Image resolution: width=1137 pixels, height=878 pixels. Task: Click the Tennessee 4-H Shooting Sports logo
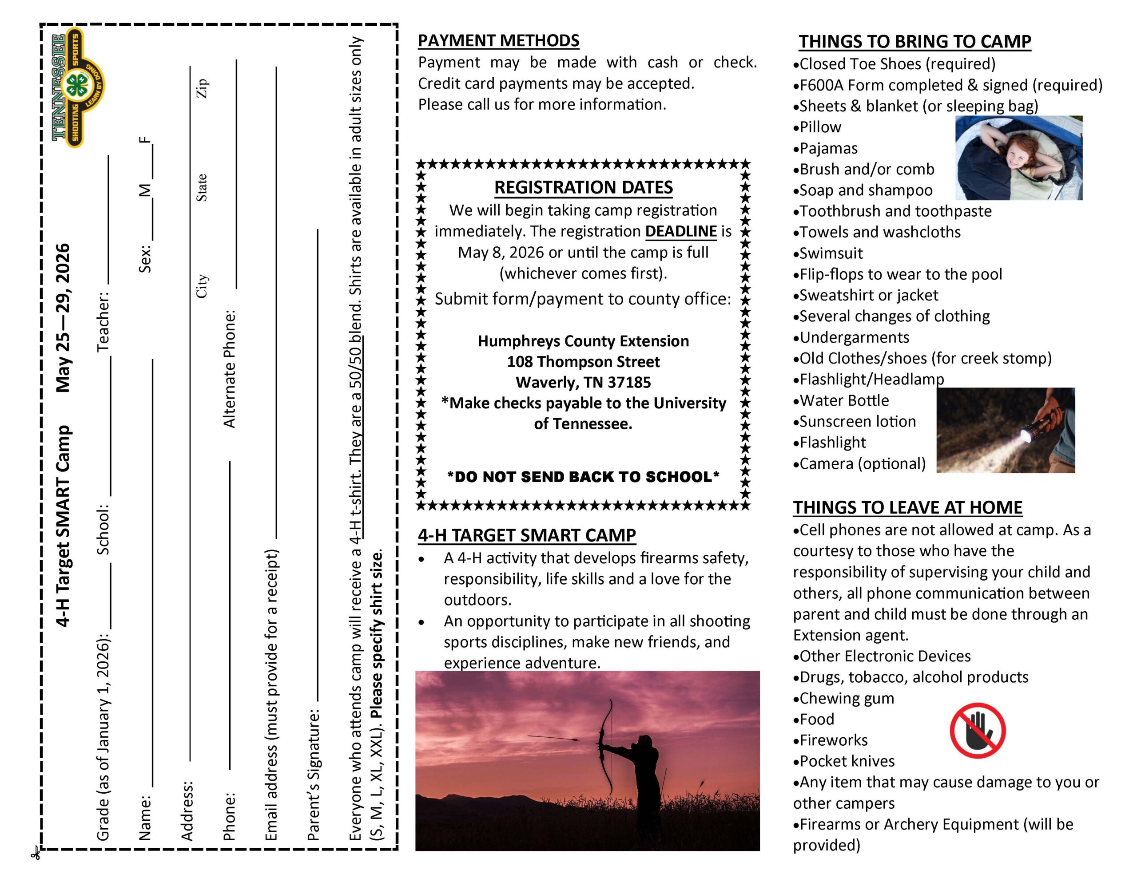[x=78, y=87]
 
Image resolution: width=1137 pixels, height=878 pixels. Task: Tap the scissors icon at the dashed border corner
[x=36, y=853]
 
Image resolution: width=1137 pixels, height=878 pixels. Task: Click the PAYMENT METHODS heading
[x=498, y=40]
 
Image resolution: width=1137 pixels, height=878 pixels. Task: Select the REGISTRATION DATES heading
[x=583, y=187]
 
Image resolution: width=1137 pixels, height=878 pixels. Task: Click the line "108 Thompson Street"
[x=583, y=362]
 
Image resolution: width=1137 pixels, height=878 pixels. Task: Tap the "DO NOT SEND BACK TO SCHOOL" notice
[x=583, y=477]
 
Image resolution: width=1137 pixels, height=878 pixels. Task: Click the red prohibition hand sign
[x=977, y=730]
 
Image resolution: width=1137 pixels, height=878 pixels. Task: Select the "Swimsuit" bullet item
[x=831, y=253]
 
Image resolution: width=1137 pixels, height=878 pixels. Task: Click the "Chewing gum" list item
[x=847, y=698]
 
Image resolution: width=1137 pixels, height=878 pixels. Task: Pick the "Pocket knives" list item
[x=847, y=761]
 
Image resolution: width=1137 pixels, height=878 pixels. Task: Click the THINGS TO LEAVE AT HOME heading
[x=907, y=507]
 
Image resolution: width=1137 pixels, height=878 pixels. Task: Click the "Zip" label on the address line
[x=202, y=88]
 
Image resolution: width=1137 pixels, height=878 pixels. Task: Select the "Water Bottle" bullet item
[x=844, y=400]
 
